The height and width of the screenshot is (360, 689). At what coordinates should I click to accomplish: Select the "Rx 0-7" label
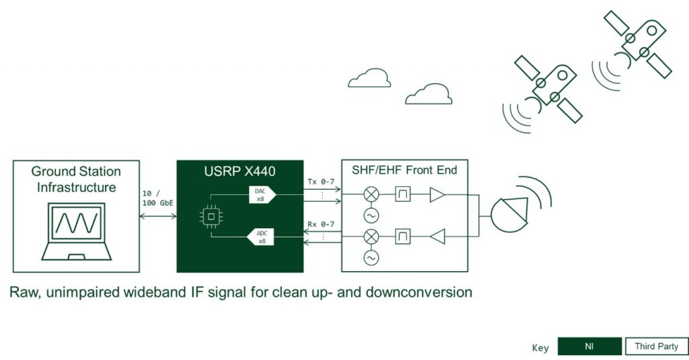[x=320, y=224]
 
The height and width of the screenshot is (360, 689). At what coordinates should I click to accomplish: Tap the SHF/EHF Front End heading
[x=404, y=170]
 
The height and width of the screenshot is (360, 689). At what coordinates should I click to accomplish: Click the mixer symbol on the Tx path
[x=371, y=195]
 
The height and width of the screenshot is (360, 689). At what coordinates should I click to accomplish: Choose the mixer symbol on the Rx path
[x=371, y=236]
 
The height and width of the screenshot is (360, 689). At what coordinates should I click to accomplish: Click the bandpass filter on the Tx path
[x=404, y=195]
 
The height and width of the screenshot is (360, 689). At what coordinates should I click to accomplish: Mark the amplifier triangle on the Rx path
[x=439, y=236]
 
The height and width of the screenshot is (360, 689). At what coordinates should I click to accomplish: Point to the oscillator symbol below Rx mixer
[x=371, y=258]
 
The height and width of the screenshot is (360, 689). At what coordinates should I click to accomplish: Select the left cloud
[x=369, y=79]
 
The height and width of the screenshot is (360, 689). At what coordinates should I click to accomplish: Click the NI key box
[x=589, y=347]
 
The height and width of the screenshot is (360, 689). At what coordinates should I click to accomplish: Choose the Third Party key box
[x=656, y=347]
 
